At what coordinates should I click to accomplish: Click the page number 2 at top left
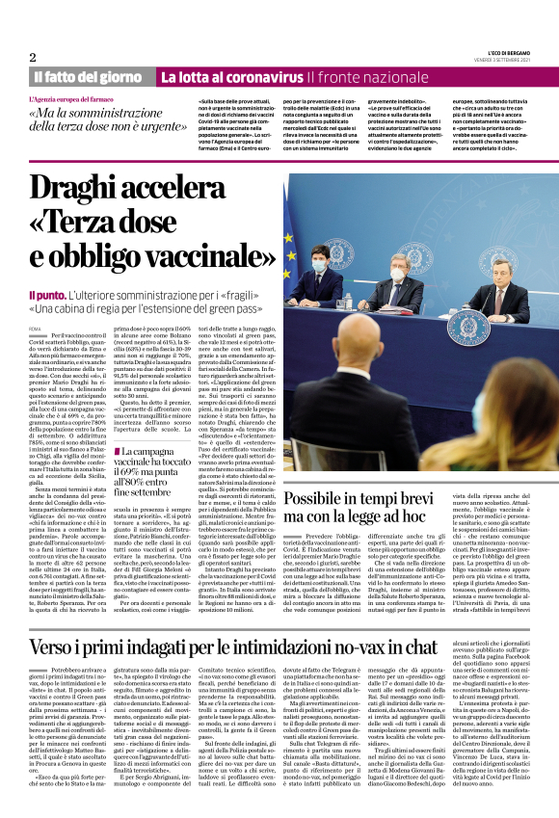(x=33, y=57)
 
